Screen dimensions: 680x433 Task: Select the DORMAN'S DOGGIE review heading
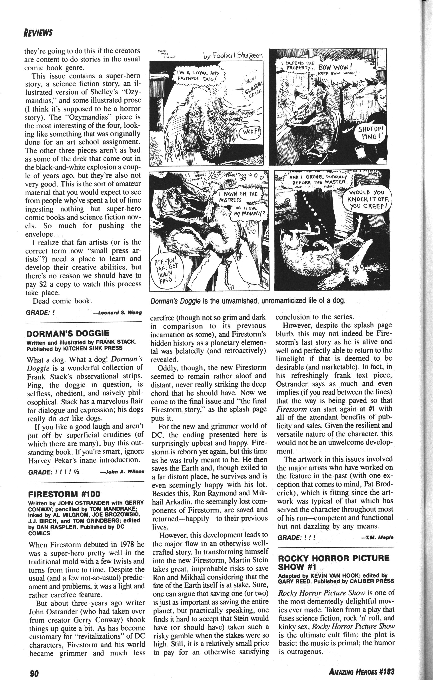(68, 334)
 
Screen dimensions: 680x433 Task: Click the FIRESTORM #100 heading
(64, 494)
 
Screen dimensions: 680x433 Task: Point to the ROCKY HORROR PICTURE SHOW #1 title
(333, 562)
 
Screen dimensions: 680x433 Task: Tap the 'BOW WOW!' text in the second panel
(334, 67)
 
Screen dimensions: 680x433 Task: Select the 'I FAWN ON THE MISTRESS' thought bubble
(238, 197)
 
